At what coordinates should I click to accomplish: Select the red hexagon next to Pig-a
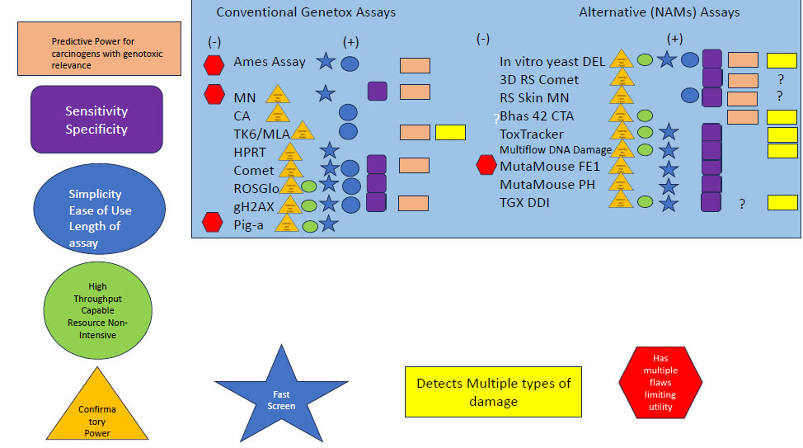pos(214,223)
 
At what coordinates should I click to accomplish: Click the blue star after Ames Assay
pos(325,61)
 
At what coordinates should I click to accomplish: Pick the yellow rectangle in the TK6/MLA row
pos(450,131)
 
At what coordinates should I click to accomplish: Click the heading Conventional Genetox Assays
pos(306,12)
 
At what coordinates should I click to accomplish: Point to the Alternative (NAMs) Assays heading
pos(660,12)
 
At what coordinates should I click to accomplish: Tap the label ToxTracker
pos(532,133)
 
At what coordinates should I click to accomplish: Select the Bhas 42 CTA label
pos(537,116)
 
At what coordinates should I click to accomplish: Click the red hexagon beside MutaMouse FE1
pos(486,166)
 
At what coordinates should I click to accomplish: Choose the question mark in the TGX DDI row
pos(743,204)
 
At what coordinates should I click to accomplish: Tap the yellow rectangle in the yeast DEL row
pos(782,59)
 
